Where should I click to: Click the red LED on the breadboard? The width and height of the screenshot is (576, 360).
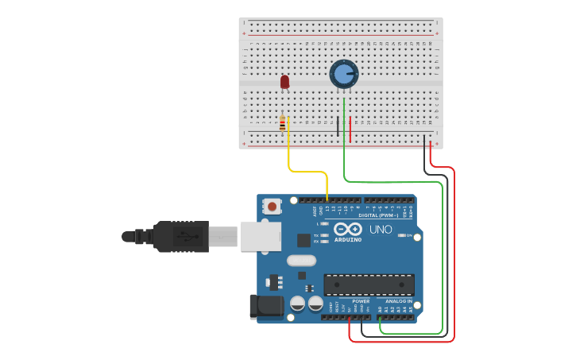pos(285,81)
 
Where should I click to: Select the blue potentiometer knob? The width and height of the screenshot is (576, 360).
pos(343,74)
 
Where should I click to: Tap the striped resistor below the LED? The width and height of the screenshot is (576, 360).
pos(282,123)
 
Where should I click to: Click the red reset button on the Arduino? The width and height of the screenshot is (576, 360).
pos(273,207)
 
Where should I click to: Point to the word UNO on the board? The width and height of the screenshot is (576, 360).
pos(381,230)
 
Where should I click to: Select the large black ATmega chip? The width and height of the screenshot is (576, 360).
pos(369,285)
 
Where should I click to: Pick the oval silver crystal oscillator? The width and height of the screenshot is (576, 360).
pos(301,261)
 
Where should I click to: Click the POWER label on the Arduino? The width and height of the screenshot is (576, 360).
pos(361,301)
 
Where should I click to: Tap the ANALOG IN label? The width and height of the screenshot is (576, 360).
pos(399,301)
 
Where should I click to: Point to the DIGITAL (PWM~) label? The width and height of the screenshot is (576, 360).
pos(379,215)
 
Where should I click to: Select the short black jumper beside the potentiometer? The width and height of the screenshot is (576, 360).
pos(338,125)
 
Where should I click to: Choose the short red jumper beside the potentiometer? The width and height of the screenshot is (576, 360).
pos(350,128)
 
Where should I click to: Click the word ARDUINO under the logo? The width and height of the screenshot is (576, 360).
pos(348,239)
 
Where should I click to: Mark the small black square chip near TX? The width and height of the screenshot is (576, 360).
pos(303,240)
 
